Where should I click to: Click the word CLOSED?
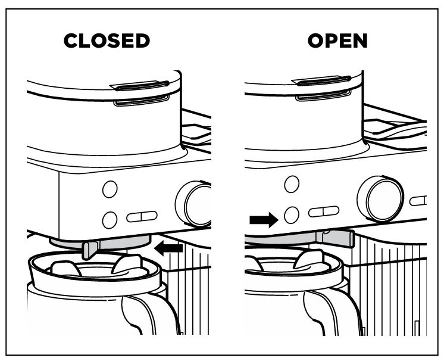[x=107, y=41]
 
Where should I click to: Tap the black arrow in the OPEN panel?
[x=263, y=220]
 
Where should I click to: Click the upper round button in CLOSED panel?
[x=110, y=189]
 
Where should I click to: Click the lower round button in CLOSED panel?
[x=110, y=220]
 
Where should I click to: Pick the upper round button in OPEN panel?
[x=292, y=183]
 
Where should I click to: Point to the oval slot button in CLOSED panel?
[x=142, y=216]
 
